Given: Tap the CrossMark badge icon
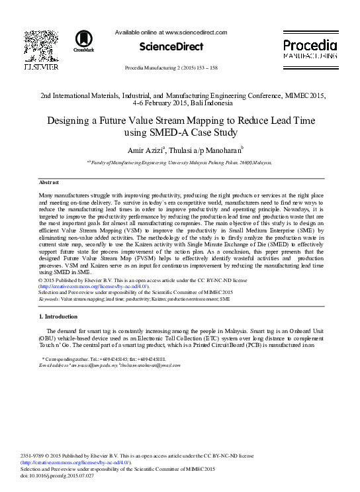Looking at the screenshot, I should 84,41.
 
